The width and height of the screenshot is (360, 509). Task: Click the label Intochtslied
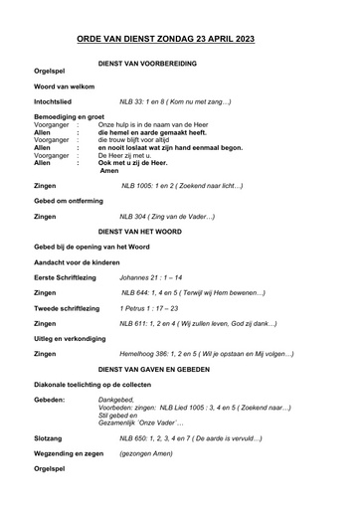point(57,101)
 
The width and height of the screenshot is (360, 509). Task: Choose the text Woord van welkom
point(65,86)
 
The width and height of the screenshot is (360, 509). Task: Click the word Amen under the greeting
point(110,171)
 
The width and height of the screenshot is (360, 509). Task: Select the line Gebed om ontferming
point(71,201)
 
